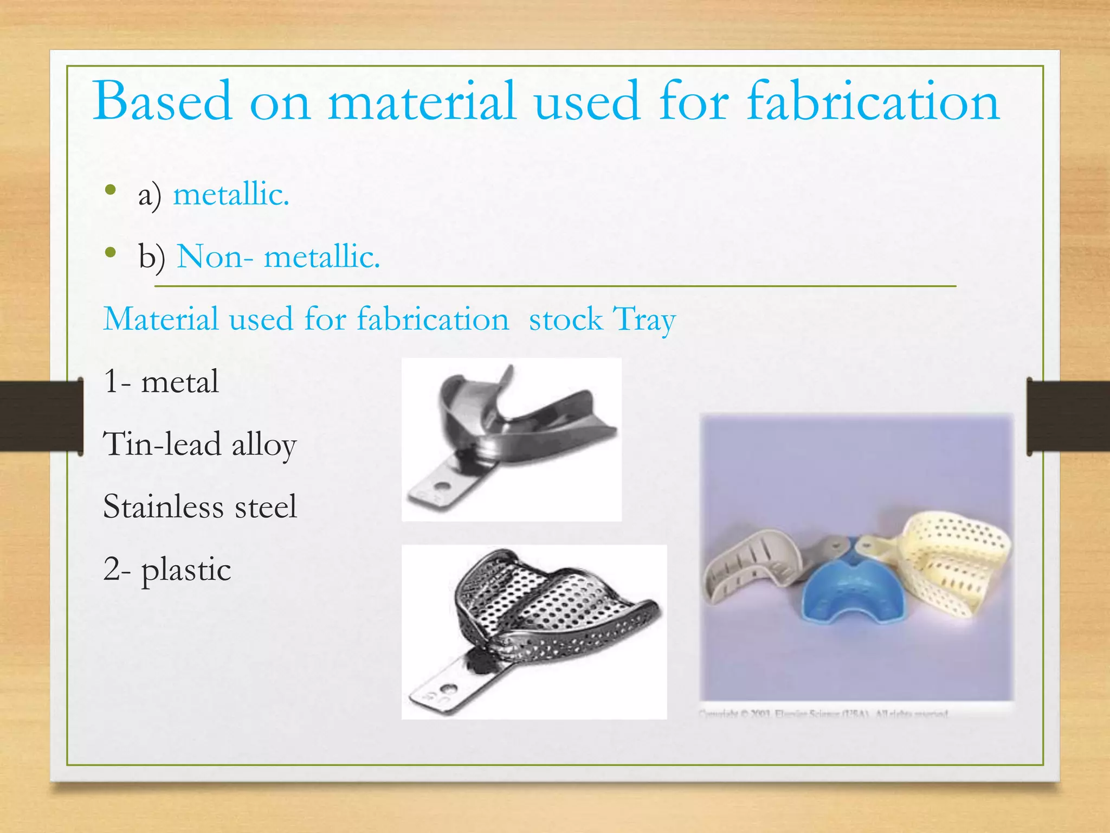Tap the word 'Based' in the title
(163, 101)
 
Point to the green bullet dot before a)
(111, 190)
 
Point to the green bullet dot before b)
(111, 252)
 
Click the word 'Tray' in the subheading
(644, 320)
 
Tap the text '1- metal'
(161, 381)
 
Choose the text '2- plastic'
(167, 569)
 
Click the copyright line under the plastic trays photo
(824, 714)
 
